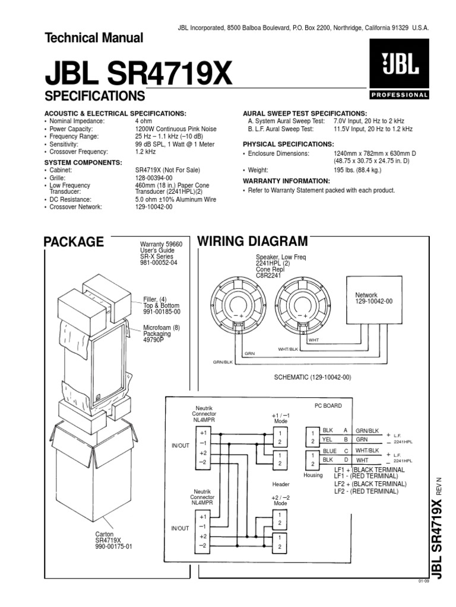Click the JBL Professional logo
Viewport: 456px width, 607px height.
tap(399, 69)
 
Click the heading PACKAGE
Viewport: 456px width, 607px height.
tap(74, 242)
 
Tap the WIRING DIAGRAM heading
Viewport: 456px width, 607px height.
tap(252, 241)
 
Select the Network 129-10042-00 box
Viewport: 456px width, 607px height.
tap(374, 300)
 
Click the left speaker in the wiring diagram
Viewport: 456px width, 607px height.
tap(239, 304)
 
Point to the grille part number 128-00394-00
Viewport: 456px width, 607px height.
tap(154, 178)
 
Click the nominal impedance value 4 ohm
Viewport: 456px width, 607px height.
tap(144, 121)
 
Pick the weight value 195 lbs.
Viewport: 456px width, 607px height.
tap(357, 170)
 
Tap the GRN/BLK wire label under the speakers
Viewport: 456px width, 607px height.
tap(223, 362)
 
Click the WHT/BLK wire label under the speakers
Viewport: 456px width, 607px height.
tap(288, 349)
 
